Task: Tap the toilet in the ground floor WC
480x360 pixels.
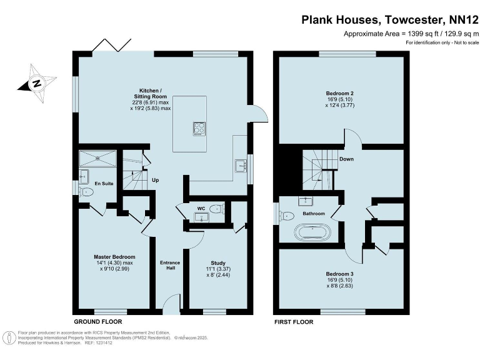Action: [x=216, y=209]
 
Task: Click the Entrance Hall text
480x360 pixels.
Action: [x=169, y=265]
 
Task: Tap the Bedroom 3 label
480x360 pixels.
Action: [x=340, y=274]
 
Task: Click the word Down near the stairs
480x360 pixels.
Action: [x=347, y=159]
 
